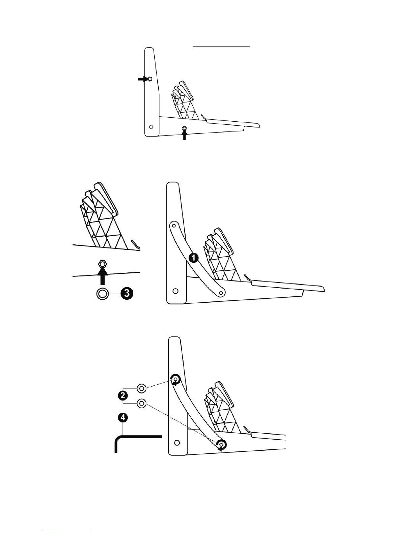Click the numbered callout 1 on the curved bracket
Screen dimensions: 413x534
[193, 258]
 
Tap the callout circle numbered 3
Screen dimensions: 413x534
[126, 294]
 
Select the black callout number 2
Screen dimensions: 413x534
[123, 395]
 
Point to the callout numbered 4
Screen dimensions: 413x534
[123, 418]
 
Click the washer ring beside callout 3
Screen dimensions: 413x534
[102, 294]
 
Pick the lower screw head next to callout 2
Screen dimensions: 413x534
[142, 403]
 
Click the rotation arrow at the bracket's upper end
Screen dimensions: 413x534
[175, 379]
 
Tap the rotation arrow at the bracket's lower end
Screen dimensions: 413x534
[221, 445]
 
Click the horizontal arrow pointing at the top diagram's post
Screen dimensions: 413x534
[142, 79]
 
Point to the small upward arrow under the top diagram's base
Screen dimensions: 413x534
[184, 135]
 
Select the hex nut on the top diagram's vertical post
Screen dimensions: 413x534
[150, 79]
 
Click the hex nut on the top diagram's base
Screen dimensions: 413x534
[184, 128]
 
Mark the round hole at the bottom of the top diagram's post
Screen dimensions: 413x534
[151, 127]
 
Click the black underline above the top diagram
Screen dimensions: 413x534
[221, 46]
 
